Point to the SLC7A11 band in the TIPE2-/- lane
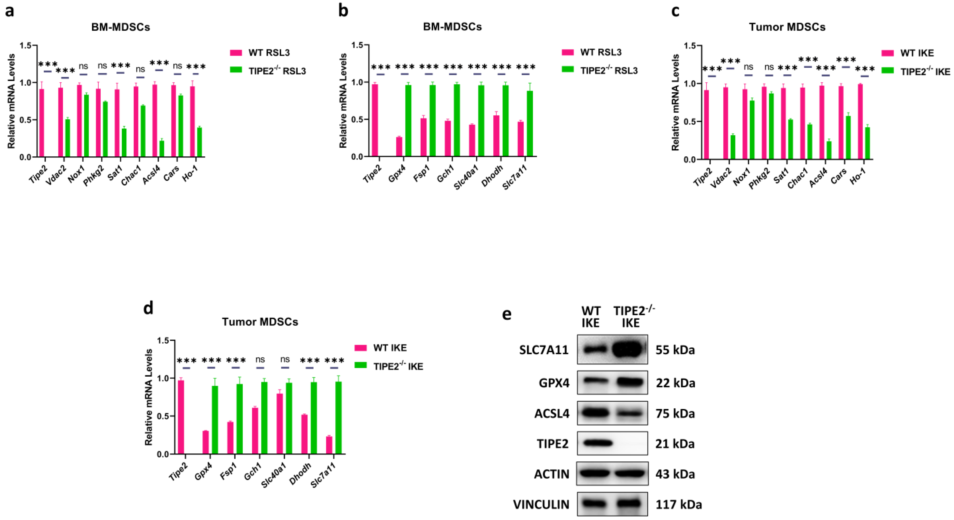pyautogui.click(x=630, y=349)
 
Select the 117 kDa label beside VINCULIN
pyautogui.click(x=679, y=504)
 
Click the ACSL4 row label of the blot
pyautogui.click(x=552, y=413)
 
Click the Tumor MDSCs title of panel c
pyautogui.click(x=787, y=27)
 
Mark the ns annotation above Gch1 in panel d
pyautogui.click(x=260, y=359)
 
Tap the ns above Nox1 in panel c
pyautogui.click(x=749, y=67)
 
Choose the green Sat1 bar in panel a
pyautogui.click(x=124, y=142)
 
